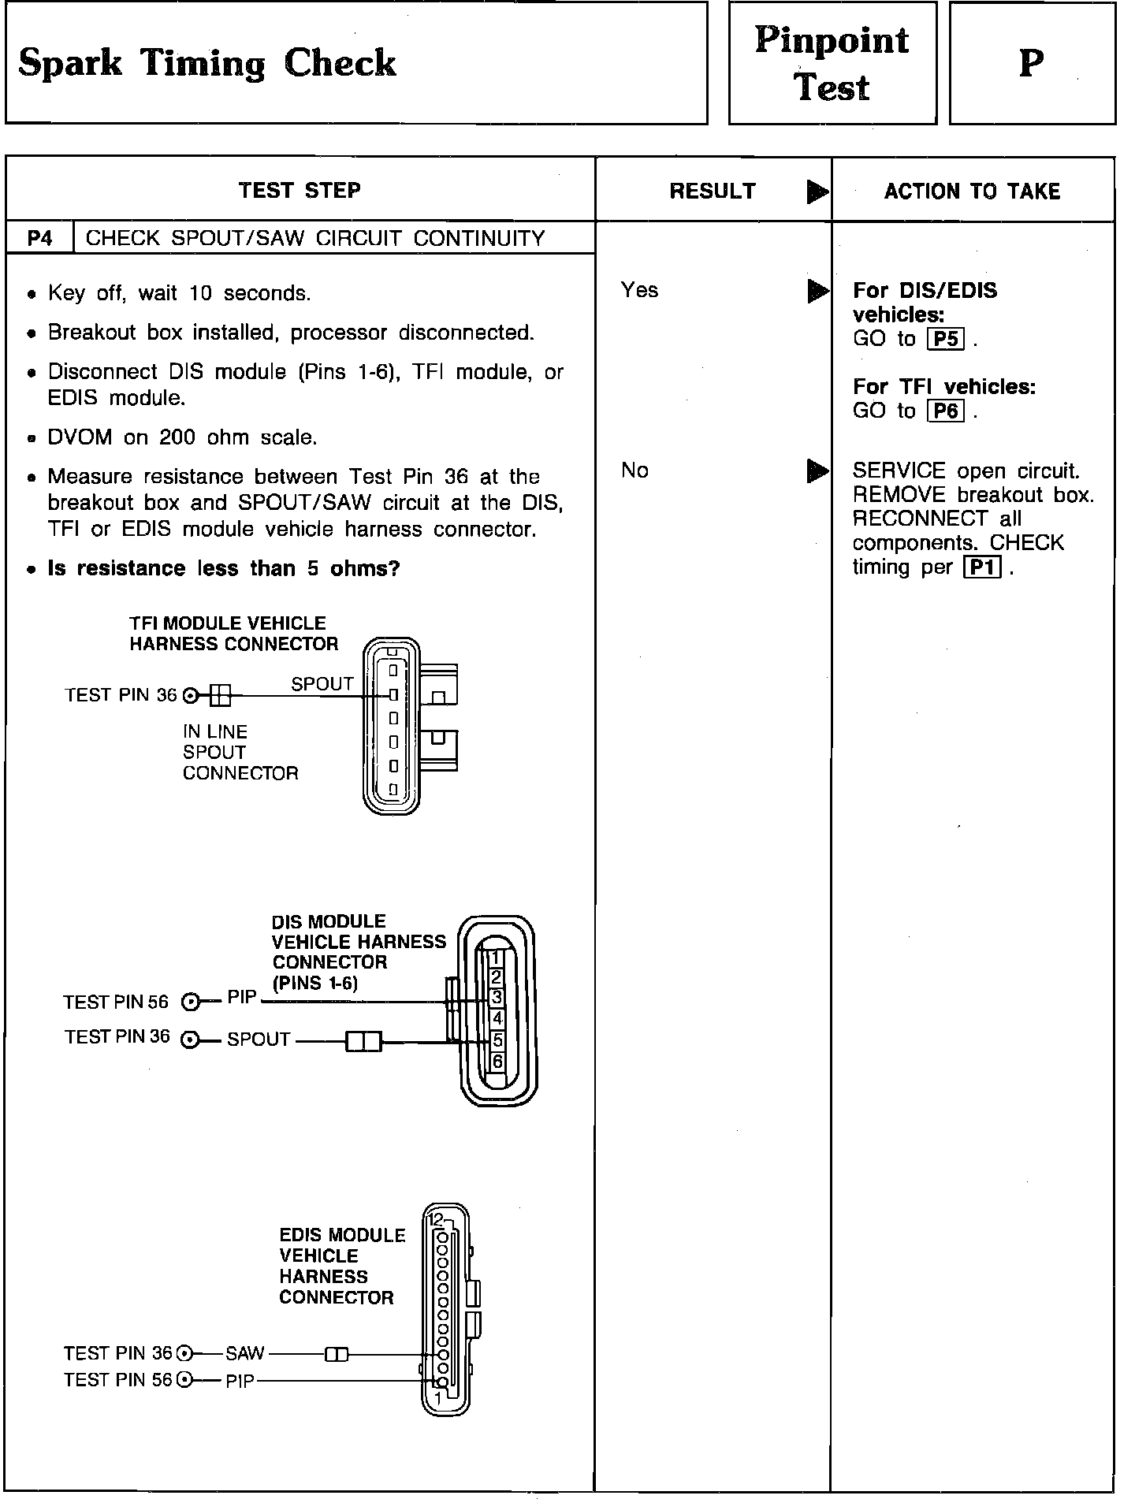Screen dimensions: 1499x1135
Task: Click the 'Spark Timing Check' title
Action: point(207,63)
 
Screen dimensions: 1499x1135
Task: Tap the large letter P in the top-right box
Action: point(1032,63)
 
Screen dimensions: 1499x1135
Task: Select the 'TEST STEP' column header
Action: point(300,190)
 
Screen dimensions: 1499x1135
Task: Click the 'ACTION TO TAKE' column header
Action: point(972,191)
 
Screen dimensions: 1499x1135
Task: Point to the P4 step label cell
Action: point(39,238)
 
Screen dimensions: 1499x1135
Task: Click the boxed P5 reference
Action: point(946,339)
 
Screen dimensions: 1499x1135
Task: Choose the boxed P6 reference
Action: point(946,411)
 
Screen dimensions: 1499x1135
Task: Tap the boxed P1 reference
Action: point(981,567)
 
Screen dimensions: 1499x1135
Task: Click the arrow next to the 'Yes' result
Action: point(818,292)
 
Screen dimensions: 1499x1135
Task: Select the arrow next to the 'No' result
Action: point(818,471)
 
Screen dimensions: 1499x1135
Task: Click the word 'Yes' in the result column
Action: point(639,290)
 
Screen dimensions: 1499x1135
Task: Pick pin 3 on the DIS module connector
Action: point(497,998)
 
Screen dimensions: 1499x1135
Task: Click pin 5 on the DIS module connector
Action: point(497,1040)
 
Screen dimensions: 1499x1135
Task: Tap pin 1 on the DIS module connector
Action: point(496,958)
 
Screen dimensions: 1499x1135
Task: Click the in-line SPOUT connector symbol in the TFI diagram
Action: point(220,695)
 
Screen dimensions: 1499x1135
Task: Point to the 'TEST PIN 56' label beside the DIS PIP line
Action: point(116,1002)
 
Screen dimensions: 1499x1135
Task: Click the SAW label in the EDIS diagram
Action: point(244,1354)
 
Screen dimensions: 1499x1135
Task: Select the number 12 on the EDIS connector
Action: point(436,1221)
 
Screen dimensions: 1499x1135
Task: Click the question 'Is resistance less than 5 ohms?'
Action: point(224,568)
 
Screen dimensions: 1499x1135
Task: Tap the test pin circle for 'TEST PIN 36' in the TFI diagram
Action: point(190,695)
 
